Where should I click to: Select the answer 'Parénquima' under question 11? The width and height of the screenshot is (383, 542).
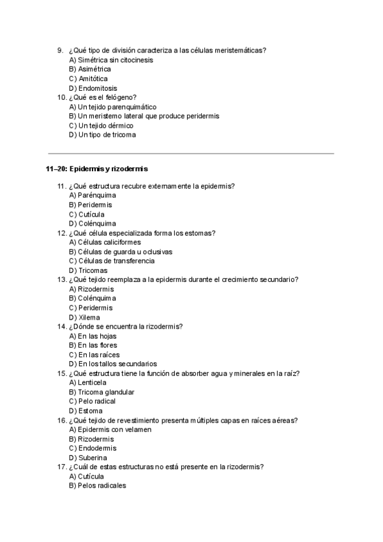(93, 196)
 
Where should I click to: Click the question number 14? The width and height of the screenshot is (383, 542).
(62, 327)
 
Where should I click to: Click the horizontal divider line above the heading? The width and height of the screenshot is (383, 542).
(191, 153)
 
